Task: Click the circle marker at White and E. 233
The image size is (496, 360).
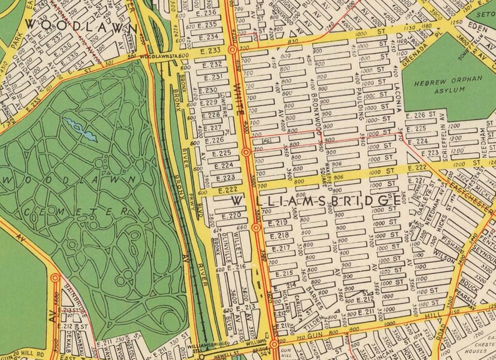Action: (x=232, y=49)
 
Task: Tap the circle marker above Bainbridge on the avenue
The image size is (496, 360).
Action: (x=55, y=278)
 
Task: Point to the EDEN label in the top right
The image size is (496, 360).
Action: (x=480, y=28)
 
